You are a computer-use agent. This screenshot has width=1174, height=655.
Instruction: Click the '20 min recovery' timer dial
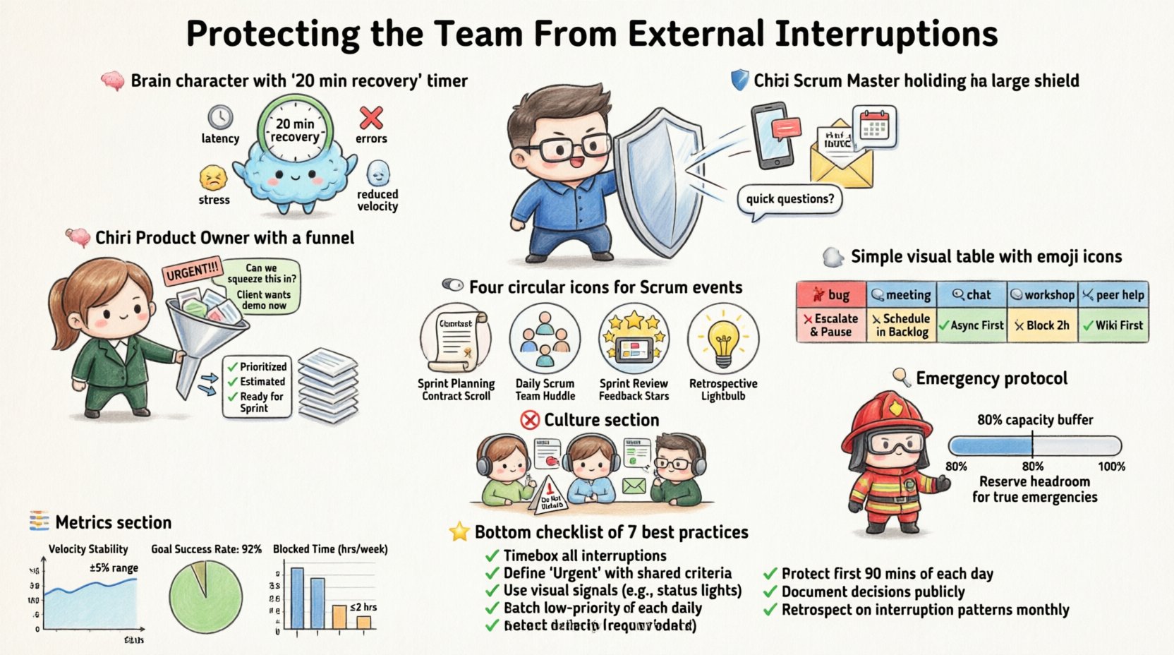294,130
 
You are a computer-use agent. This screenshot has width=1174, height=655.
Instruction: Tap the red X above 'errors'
371,117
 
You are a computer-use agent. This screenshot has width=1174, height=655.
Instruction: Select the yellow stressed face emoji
214,179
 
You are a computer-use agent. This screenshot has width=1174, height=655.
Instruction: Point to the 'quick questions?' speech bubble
789,199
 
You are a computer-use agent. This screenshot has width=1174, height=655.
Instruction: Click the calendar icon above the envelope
874,127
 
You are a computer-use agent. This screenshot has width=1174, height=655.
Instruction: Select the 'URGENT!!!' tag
192,271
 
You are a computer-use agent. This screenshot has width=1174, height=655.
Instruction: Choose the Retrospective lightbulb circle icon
723,339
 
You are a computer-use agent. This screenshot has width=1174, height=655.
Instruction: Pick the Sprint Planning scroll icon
455,339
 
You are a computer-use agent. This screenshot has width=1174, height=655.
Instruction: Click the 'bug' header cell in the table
830,294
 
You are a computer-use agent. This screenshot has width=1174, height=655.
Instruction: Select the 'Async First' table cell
971,325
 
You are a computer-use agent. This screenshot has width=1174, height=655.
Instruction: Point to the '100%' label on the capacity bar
1111,467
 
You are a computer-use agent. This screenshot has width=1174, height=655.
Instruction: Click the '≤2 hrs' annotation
363,607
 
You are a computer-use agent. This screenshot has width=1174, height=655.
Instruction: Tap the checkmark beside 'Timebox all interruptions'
492,556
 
